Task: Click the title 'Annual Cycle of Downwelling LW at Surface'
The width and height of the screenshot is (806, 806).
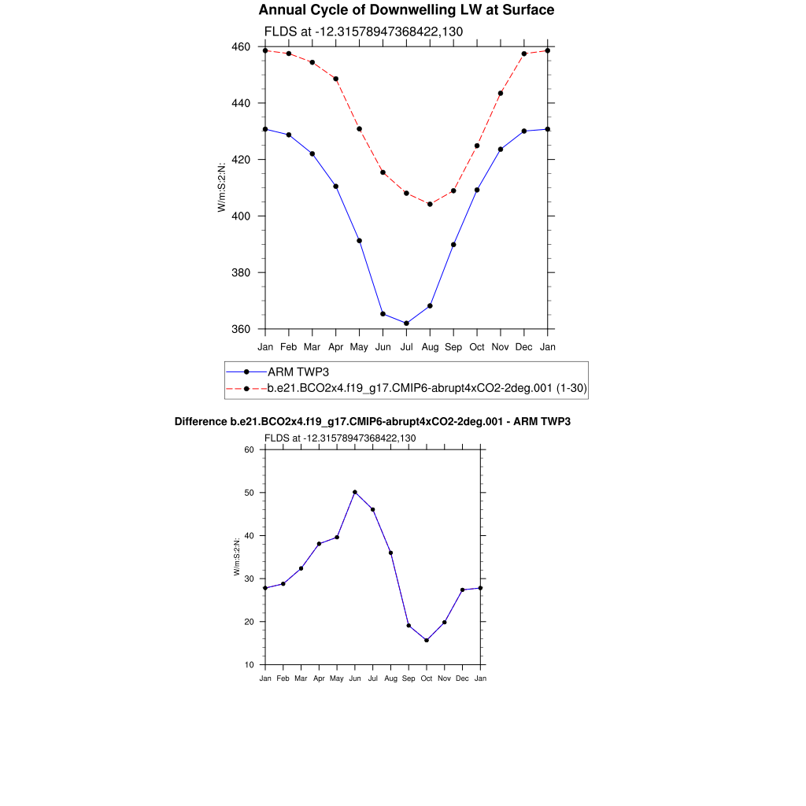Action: [x=406, y=10]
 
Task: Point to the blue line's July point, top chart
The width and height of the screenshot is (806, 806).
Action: [x=406, y=324]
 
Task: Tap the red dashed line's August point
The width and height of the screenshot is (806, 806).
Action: [x=430, y=204]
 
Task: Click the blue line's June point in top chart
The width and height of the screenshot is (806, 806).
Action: [x=383, y=314]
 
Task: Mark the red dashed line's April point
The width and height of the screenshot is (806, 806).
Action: [x=336, y=79]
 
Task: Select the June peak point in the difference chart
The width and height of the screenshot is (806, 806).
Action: [x=355, y=492]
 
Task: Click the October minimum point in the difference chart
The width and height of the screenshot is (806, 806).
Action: [x=427, y=640]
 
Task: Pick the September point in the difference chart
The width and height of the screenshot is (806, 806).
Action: [x=409, y=626]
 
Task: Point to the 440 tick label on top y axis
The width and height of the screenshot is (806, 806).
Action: [x=241, y=103]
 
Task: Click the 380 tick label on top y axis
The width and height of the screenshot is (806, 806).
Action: [x=241, y=273]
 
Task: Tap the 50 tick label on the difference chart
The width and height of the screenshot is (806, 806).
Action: [x=249, y=493]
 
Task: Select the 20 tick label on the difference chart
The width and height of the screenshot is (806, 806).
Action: [x=249, y=622]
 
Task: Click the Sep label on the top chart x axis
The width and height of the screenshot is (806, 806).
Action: [x=453, y=347]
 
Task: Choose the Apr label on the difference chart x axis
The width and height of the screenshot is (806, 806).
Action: [x=319, y=678]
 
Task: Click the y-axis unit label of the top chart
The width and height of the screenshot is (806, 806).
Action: [x=223, y=187]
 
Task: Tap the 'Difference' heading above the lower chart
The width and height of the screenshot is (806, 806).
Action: [x=372, y=422]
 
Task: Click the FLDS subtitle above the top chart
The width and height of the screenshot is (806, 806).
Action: [x=363, y=32]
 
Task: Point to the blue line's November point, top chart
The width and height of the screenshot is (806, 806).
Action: [x=501, y=149]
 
